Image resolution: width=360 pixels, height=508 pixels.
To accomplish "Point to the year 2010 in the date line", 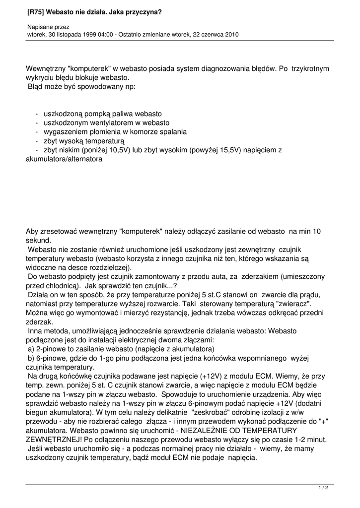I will [230, 35].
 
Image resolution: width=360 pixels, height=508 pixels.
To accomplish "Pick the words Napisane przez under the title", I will [48, 26].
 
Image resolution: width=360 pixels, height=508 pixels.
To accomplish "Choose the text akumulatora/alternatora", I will [64, 159].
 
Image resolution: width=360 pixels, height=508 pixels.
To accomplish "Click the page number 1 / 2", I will [323, 488].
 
